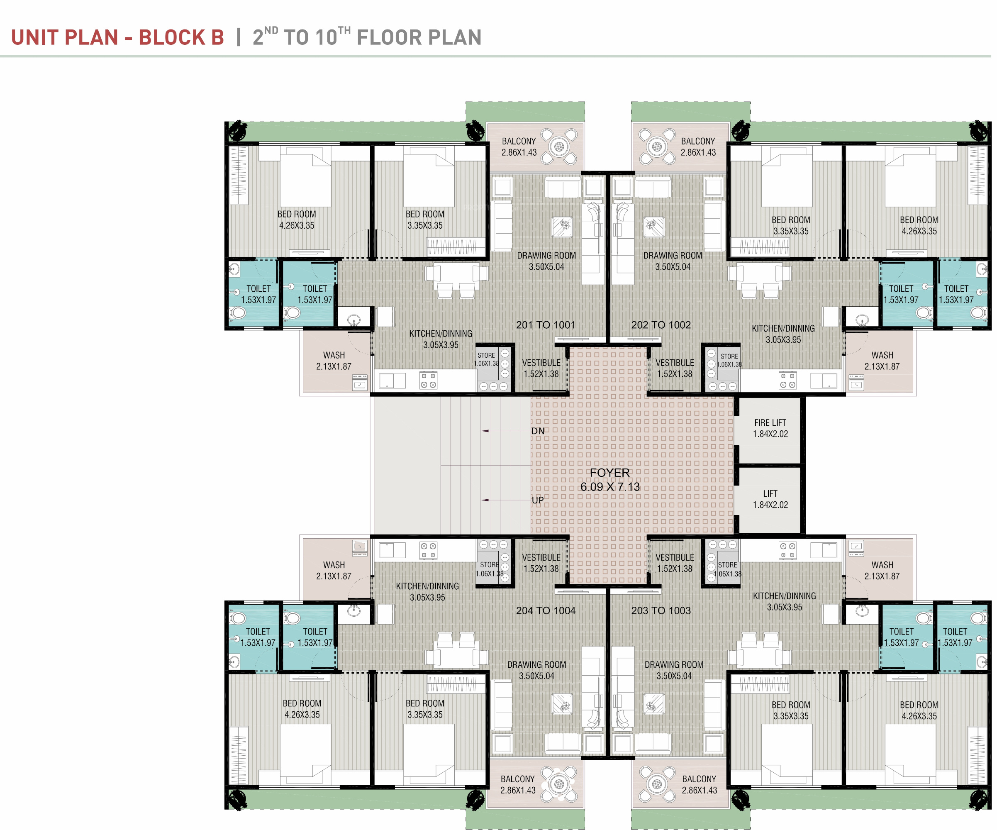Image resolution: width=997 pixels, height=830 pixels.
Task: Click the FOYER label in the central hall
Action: (x=609, y=473)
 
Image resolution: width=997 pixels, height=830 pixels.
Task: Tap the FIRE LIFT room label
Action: (x=770, y=423)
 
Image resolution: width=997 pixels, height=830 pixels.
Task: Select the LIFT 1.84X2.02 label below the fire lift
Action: (x=770, y=500)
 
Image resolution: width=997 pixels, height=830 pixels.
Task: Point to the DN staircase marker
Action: (x=538, y=431)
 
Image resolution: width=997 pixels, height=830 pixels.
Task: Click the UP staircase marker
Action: (x=538, y=500)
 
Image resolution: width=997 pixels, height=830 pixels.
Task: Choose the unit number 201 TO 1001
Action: (x=546, y=325)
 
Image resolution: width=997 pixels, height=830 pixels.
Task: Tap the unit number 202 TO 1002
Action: (x=661, y=325)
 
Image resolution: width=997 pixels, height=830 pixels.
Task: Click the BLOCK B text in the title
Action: (x=181, y=37)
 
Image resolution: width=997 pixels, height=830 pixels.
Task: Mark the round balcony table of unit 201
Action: (x=559, y=146)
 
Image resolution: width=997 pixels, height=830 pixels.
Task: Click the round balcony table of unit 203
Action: (x=657, y=784)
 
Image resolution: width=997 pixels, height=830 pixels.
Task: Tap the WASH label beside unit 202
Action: (x=882, y=356)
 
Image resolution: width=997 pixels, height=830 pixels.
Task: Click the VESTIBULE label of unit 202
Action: (x=675, y=363)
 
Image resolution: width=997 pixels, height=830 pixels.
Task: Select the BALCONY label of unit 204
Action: (x=517, y=780)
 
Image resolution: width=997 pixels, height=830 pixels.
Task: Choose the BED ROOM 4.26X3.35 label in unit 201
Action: (x=297, y=220)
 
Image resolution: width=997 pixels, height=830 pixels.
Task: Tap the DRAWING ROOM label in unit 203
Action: (x=674, y=665)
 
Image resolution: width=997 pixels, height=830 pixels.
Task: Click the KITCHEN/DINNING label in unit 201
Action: (x=441, y=334)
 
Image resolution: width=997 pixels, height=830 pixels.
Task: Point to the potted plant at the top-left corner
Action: (x=237, y=130)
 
